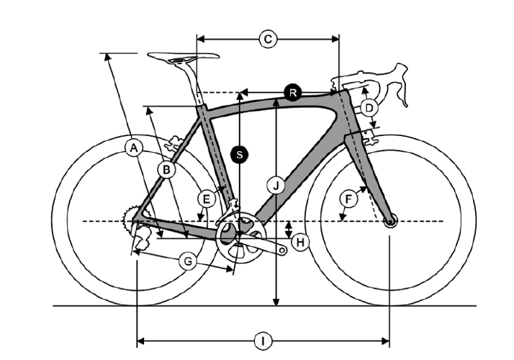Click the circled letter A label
click(134, 148)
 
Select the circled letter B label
click(166, 170)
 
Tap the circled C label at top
click(268, 40)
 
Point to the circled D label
click(369, 108)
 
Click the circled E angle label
click(206, 199)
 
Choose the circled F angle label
click(348, 199)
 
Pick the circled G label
click(188, 261)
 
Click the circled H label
click(300, 243)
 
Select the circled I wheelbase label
click(263, 341)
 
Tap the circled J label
click(276, 186)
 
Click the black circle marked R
click(293, 92)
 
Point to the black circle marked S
click(240, 154)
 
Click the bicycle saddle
click(184, 58)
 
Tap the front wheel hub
click(390, 222)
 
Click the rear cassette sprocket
click(129, 219)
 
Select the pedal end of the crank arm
click(282, 251)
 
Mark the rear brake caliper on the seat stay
click(173, 143)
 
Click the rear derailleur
click(141, 237)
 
